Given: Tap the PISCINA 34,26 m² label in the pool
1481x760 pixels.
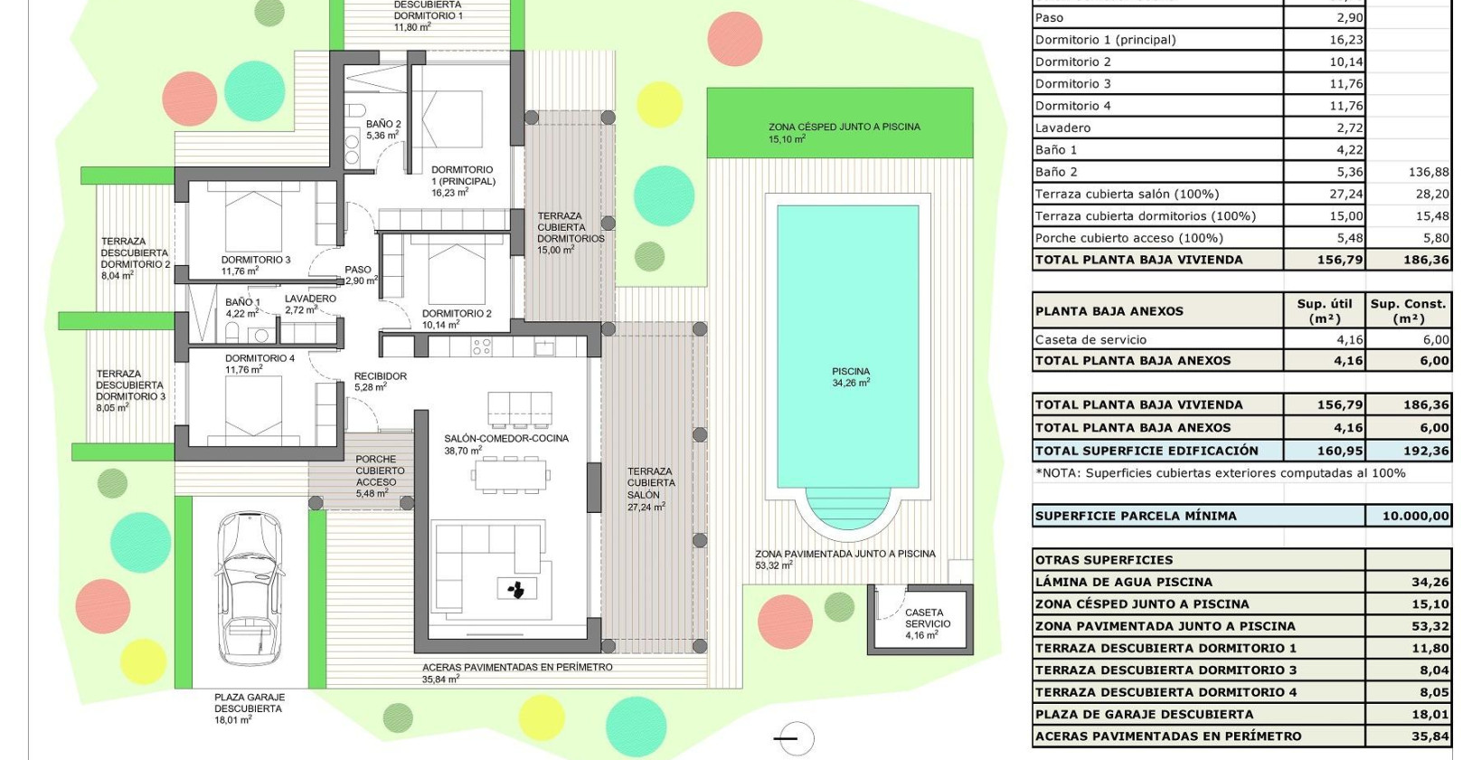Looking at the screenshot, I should point(850,377).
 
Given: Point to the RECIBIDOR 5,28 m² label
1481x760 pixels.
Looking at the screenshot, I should point(380,381).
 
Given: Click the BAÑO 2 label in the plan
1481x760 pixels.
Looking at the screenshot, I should point(382,129).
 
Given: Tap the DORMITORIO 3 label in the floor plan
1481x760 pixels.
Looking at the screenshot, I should point(255,265).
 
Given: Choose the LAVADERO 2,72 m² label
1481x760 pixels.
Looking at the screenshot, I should point(309,304).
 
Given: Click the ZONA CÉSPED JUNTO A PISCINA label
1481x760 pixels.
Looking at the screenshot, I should point(844,132).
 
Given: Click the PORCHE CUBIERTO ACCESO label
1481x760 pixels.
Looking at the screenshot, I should point(379,476).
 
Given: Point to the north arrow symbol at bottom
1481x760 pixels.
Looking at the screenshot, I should point(795,739).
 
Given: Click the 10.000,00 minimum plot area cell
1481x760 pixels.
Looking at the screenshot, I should point(1414,516).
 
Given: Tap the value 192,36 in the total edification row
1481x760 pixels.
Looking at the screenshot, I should point(1425,451).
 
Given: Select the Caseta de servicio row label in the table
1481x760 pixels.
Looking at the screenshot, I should point(1090,339).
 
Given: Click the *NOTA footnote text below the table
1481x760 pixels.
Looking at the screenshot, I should point(1220,472).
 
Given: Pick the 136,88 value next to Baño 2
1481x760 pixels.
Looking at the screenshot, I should point(1428,172).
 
